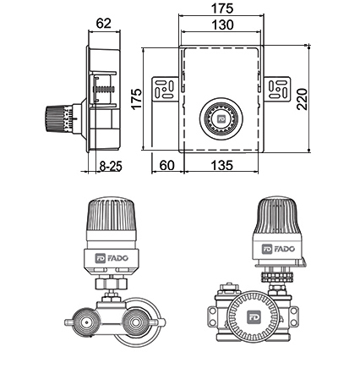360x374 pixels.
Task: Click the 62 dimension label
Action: pyautogui.click(x=104, y=23)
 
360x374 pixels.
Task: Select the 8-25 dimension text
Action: pyautogui.click(x=111, y=166)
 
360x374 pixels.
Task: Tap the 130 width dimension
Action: pyautogui.click(x=222, y=25)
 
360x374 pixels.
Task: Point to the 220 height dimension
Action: pyautogui.click(x=303, y=99)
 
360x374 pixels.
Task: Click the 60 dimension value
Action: pyautogui.click(x=166, y=165)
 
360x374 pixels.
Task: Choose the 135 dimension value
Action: pyautogui.click(x=222, y=165)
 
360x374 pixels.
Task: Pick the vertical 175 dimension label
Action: pyautogui.click(x=137, y=99)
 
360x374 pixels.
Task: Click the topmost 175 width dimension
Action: pyautogui.click(x=222, y=8)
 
